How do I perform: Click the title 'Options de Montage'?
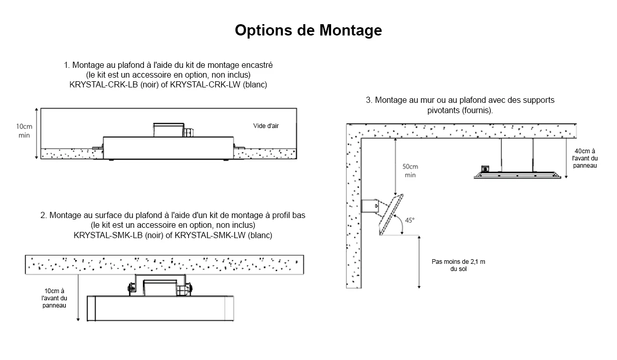coord(308,30)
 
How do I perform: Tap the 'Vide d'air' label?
coord(266,126)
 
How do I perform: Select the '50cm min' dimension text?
coord(410,171)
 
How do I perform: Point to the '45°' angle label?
coord(410,221)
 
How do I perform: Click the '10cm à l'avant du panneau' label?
coord(54,298)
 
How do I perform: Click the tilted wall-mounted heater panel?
coord(391,215)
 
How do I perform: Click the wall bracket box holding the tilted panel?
coord(369,206)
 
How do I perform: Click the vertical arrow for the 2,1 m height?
coord(420,261)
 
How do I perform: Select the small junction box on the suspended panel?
coord(484,168)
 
